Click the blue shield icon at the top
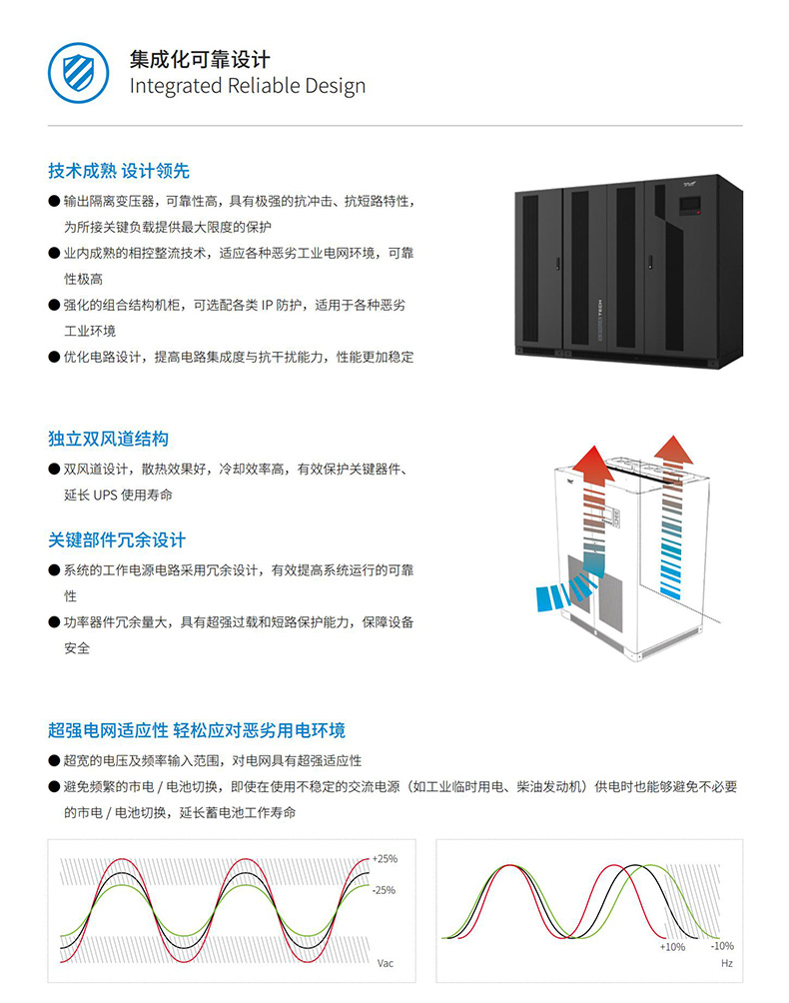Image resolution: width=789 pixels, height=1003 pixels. click(78, 73)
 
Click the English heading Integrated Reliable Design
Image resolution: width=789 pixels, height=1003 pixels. click(248, 86)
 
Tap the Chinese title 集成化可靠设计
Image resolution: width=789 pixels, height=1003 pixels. click(200, 60)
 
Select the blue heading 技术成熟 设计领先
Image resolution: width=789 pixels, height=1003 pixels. click(119, 171)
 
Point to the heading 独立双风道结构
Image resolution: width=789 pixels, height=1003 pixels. click(109, 439)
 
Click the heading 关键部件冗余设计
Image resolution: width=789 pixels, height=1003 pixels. click(117, 539)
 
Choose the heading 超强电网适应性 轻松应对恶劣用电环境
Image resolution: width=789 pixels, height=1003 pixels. click(197, 730)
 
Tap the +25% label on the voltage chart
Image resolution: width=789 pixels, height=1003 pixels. click(385, 859)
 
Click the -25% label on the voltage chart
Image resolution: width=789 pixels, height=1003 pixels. click(384, 890)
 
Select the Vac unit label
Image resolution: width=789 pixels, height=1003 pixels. click(386, 963)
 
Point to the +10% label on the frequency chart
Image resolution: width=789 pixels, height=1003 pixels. click(672, 947)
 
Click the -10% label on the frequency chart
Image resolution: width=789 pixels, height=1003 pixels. click(722, 946)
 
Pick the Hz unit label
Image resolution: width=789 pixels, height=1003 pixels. click(727, 963)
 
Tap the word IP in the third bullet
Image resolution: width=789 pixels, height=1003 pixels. click(267, 305)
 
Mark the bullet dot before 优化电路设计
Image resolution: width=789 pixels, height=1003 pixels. click(54, 357)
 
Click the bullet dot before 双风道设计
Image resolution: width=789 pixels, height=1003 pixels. click(54, 469)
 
